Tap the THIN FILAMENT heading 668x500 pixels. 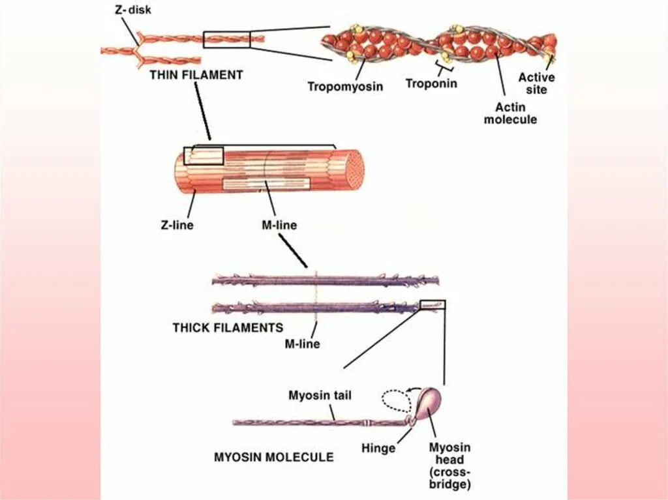196,75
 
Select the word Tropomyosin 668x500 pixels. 345,86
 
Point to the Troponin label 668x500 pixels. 431,83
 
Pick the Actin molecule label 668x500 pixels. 510,113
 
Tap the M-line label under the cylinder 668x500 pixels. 274,226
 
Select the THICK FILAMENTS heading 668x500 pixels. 228,328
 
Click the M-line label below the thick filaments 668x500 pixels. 302,343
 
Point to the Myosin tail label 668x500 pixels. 320,395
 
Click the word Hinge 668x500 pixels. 378,448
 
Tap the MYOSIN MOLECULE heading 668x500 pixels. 273,457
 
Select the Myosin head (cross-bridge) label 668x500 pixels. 449,465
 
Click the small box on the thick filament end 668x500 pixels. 432,304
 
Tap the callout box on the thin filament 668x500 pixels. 226,39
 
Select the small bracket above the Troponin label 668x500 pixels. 445,68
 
